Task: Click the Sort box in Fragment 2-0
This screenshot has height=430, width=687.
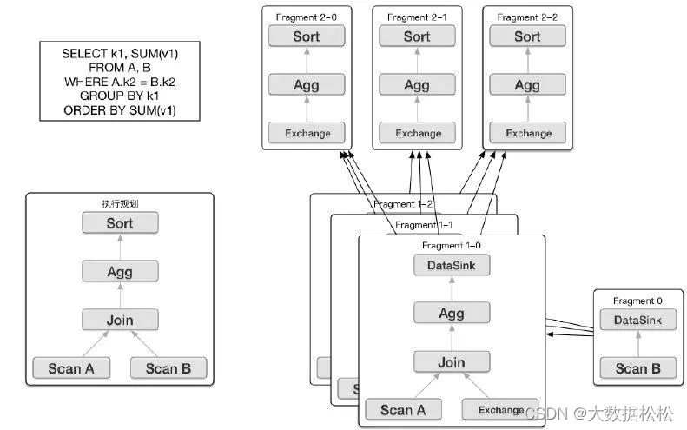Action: [307, 36]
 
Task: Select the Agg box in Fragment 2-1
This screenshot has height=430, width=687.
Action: [417, 84]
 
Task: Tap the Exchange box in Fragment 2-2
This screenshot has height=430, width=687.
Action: [527, 133]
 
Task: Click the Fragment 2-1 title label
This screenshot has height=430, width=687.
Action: [417, 17]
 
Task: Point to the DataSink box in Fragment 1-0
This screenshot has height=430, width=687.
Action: [452, 265]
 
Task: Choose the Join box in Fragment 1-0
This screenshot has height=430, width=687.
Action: [452, 362]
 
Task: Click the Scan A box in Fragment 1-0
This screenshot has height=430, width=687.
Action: [404, 410]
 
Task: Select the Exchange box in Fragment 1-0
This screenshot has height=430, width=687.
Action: [500, 410]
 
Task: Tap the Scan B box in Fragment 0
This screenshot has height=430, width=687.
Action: [637, 368]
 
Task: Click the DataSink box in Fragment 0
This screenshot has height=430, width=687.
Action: [637, 320]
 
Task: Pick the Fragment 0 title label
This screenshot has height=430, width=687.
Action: [637, 301]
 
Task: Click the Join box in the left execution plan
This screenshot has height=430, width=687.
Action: [120, 320]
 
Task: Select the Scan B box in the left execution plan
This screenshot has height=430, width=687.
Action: [168, 368]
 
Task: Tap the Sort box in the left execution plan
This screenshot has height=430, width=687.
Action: [120, 222]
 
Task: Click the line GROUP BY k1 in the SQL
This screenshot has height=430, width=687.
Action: [119, 96]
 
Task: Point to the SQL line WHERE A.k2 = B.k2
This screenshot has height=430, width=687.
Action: [120, 82]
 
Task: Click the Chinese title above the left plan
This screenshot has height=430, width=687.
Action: [120, 203]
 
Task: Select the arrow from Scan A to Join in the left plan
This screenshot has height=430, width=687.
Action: [96, 344]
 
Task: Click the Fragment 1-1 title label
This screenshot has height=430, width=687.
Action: [424, 225]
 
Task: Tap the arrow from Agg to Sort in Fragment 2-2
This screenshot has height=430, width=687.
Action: [528, 61]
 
